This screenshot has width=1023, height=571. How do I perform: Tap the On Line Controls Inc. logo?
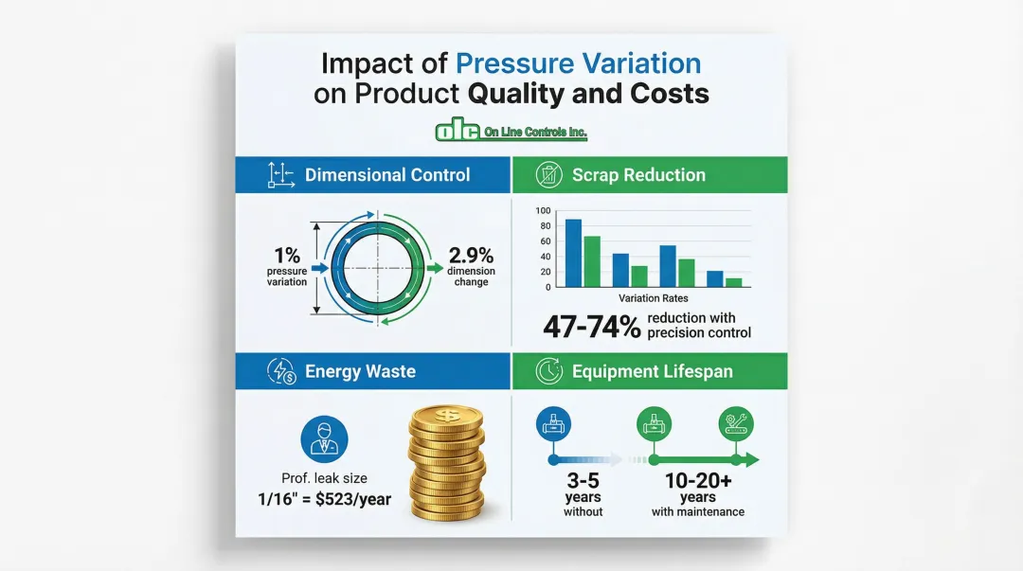[511, 132]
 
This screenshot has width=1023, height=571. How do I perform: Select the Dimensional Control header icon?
[278, 174]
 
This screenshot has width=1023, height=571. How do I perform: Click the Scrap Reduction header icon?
[547, 174]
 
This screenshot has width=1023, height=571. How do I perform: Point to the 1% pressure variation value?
[287, 256]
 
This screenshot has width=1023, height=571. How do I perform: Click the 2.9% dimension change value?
[471, 256]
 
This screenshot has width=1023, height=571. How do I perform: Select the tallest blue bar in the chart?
[573, 252]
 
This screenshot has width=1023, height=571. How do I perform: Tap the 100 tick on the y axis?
[543, 211]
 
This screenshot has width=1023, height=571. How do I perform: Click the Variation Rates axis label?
[653, 297]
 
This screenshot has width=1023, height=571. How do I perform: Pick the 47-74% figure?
[590, 326]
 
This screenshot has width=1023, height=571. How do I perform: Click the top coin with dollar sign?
[446, 416]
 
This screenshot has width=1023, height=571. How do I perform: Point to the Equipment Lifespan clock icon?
[547, 371]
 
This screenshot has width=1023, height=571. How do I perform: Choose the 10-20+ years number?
[697, 480]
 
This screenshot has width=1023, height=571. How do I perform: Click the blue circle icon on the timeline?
[551, 425]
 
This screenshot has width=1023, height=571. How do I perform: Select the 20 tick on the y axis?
[545, 272]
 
